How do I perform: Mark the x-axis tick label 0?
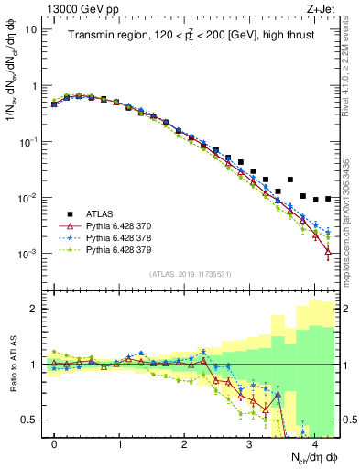54,444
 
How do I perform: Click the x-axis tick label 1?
119,444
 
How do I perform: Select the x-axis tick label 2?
184,444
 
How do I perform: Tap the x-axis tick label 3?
249,444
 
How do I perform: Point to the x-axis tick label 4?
314,444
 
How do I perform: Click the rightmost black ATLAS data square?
328,198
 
